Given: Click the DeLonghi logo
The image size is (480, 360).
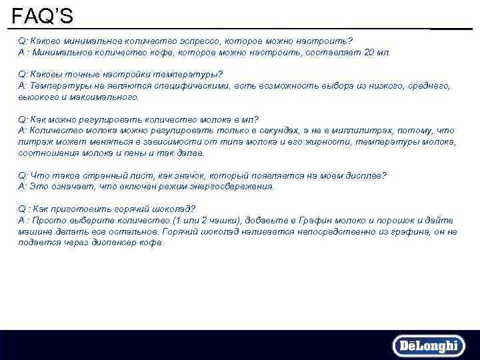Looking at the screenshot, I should [427, 346].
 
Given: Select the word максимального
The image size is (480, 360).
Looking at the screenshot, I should [107, 97].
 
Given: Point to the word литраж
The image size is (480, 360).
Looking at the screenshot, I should [33, 141].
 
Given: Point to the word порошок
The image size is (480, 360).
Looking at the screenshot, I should [385, 220].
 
